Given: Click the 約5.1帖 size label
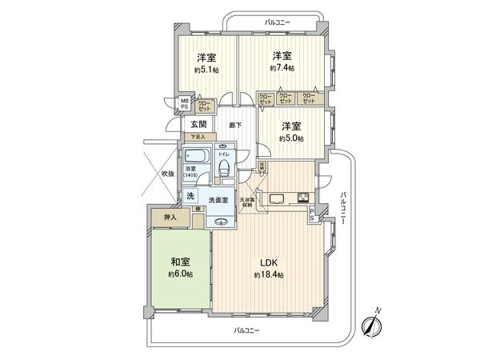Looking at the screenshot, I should (207, 70).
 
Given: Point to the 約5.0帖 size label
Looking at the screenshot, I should (291, 138).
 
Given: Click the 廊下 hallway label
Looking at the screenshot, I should (235, 125).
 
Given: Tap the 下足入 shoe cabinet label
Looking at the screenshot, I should (197, 138).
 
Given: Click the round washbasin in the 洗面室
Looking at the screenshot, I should (222, 222).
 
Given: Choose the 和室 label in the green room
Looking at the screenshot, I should (180, 262).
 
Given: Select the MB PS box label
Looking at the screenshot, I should (184, 103).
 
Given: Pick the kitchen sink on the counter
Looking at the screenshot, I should (276, 198).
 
